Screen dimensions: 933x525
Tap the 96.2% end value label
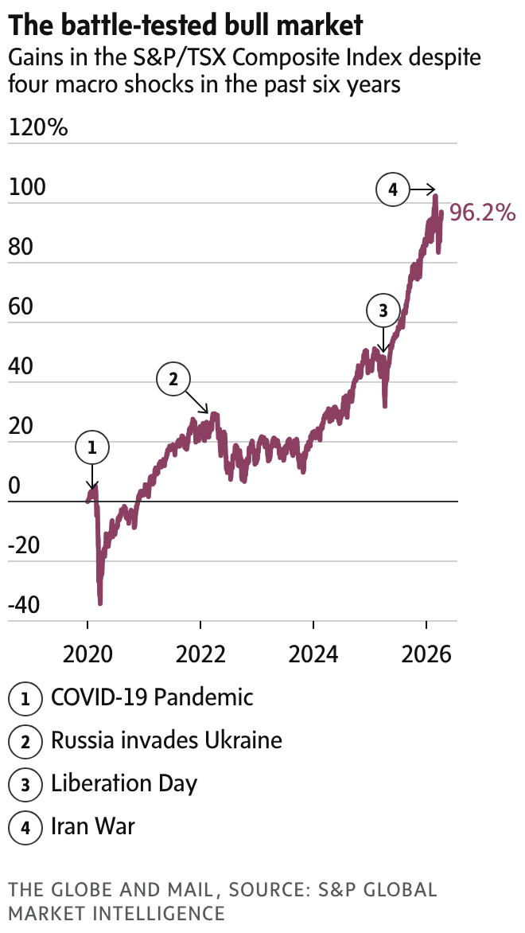[x=483, y=213]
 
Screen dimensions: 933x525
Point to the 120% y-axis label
[x=38, y=128]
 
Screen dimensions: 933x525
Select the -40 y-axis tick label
[x=23, y=606]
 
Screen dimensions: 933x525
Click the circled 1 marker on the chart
[x=91, y=448]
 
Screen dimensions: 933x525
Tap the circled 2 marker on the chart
[x=173, y=378]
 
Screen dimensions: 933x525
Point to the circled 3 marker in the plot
[x=383, y=310]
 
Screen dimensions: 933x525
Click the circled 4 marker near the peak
[x=392, y=190]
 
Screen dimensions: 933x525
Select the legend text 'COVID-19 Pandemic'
[x=152, y=697]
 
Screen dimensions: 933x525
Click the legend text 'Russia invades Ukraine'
[x=166, y=740]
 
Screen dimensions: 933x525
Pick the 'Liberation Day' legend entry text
[x=123, y=783]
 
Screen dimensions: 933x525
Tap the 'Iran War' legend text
[x=93, y=826]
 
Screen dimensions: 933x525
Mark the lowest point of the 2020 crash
[x=100, y=603]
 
